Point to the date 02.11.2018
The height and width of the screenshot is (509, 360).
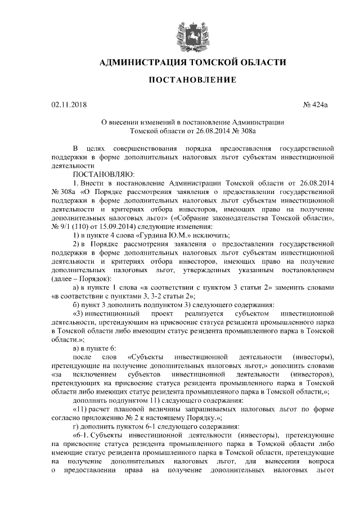[65, 105]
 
